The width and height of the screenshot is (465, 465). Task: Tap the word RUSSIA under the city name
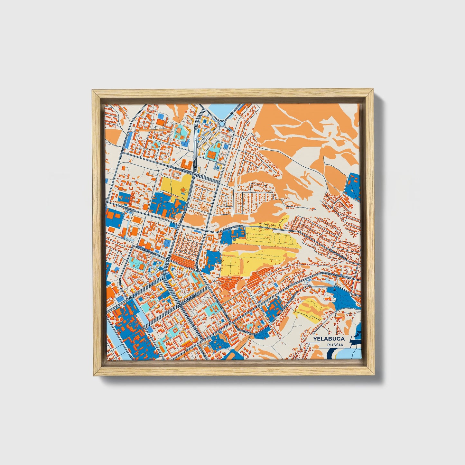click(x=335, y=345)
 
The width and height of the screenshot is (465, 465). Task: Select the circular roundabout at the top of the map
click(x=222, y=124)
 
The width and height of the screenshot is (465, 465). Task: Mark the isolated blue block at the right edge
click(x=352, y=187)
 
